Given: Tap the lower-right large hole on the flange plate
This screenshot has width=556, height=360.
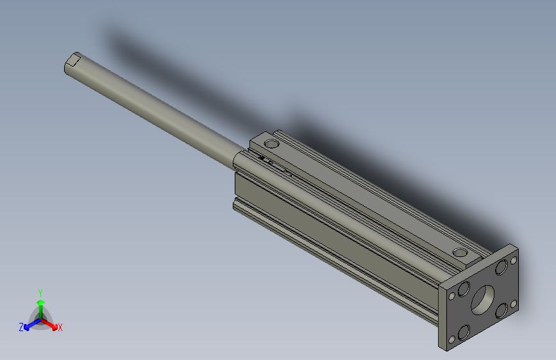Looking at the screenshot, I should point(500,311).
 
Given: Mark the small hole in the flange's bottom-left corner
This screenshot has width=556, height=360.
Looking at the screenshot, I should point(451,340).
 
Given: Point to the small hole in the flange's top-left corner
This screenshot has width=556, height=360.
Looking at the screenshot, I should point(453,296).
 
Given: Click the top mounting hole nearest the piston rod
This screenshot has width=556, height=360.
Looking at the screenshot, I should point(272,144).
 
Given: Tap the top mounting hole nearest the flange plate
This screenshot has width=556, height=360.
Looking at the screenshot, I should point(459,252).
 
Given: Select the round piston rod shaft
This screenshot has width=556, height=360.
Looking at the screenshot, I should point(154,109).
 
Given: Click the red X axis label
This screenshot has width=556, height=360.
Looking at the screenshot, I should point(60,327).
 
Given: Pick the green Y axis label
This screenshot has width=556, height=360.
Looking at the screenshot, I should point(40,292).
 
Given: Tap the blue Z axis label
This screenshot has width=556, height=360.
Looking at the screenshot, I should point(21,327).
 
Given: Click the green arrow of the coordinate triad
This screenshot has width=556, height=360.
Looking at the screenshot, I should point(40,305).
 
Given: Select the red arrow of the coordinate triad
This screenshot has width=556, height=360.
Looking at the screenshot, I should point(51,322).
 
